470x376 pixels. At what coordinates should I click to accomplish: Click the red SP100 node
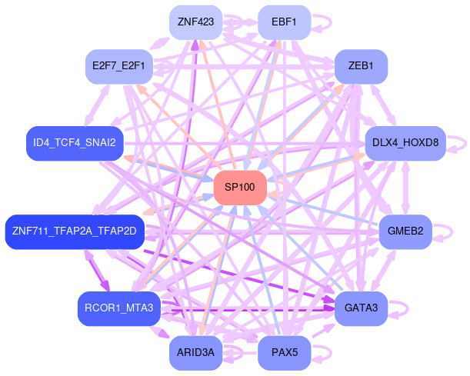[240, 188]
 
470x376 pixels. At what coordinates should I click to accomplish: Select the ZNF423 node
[195, 22]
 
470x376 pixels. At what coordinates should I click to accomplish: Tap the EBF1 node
[284, 22]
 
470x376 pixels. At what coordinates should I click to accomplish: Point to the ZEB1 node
[361, 66]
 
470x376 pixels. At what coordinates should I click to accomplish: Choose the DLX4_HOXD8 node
[405, 143]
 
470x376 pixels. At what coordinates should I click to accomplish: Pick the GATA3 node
[361, 308]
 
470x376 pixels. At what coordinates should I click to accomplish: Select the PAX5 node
[284, 353]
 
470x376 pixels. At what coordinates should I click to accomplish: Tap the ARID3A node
[195, 353]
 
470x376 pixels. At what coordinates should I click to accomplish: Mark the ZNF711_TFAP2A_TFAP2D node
[75, 231]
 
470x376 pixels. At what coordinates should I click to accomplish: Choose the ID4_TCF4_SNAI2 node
[75, 143]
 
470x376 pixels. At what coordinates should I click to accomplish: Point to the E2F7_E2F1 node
[118, 66]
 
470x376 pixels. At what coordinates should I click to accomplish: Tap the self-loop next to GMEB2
[448, 231]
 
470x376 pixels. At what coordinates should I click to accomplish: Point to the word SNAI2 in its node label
[101, 143]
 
